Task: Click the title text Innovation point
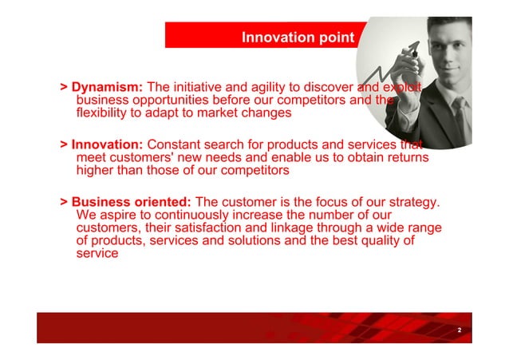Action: click(298, 38)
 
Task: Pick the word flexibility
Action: click(107, 113)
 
